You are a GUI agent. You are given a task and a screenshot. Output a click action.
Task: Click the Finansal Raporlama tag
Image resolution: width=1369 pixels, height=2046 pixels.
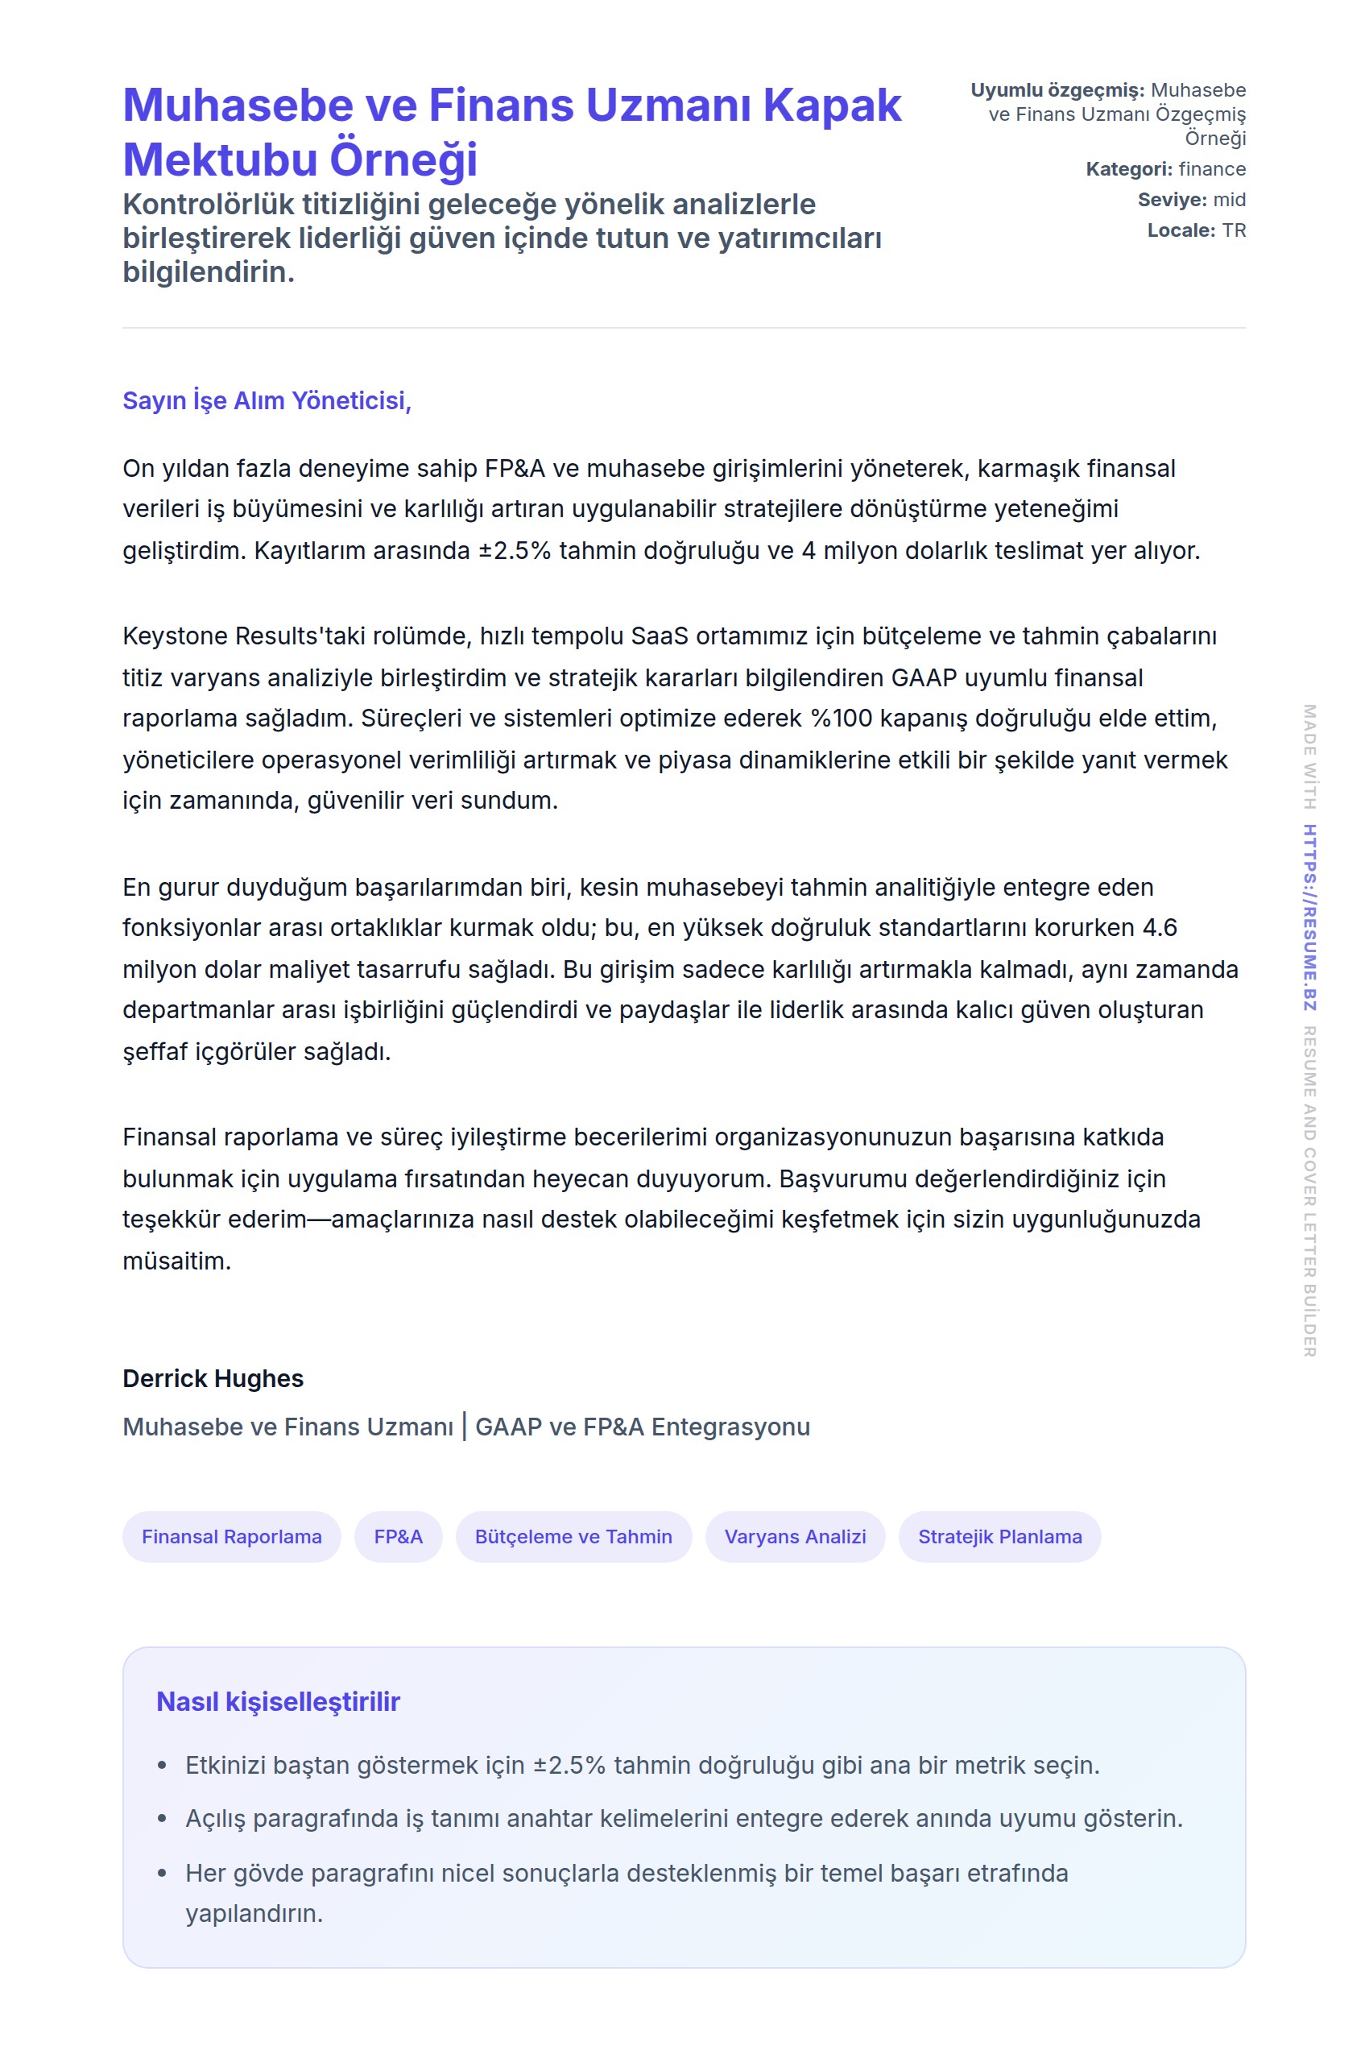pos(231,1536)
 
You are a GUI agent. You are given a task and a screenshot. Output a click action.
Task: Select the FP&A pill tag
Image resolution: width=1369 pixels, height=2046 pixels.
pos(398,1536)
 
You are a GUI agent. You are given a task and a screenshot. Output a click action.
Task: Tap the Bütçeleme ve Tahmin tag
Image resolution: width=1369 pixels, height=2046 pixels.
pos(573,1536)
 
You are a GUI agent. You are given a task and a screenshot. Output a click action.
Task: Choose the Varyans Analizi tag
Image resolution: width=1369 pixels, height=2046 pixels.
pos(795,1536)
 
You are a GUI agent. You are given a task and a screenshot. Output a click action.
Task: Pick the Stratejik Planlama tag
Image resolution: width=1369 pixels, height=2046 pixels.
pos(999,1536)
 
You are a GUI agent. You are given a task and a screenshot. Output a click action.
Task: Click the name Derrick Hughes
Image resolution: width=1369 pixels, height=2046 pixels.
pos(213,1378)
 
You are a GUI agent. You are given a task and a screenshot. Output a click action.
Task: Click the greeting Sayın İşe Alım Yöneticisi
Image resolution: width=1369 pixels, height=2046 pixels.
pos(267,400)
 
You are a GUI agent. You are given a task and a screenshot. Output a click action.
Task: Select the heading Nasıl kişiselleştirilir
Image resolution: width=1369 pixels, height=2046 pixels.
pos(278,1701)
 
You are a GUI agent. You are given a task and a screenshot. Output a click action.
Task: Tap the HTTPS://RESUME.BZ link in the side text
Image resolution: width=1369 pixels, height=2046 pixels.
pos(1309,917)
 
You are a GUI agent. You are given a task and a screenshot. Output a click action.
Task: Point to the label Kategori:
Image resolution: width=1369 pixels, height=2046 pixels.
pos(1129,168)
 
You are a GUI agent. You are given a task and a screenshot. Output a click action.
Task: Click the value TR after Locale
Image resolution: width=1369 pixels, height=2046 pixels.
pos(1234,230)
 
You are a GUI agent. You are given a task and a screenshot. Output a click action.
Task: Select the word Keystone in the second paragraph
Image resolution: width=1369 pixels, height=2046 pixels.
pos(175,636)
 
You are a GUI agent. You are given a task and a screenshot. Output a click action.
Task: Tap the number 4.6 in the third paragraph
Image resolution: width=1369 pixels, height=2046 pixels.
pos(1160,927)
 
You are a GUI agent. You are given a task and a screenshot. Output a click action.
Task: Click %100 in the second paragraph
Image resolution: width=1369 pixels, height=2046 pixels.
pos(842,718)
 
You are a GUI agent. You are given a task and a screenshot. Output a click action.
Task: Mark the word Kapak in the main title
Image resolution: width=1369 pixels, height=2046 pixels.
pos(831,105)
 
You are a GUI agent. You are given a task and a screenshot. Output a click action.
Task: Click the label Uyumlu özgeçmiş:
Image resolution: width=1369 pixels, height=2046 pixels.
pos(1057,90)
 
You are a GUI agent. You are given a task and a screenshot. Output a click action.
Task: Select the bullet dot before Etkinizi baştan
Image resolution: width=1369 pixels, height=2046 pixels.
pos(162,1766)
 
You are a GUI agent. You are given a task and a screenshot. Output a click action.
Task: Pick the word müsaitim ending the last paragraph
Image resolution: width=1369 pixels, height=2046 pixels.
pos(176,1261)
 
